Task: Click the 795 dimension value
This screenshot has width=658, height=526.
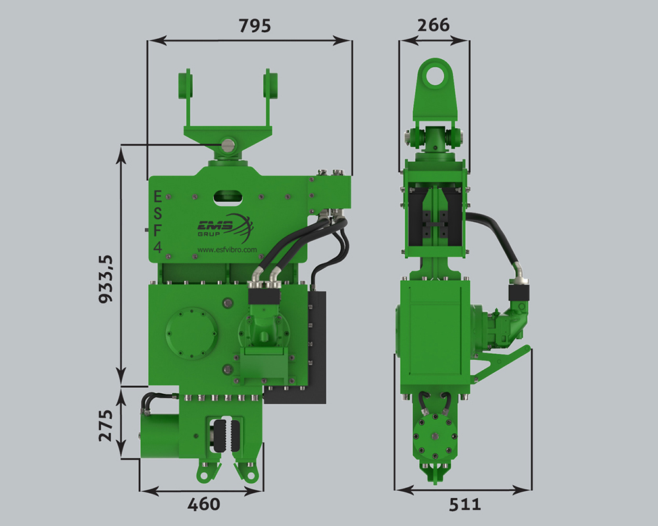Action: tap(255, 26)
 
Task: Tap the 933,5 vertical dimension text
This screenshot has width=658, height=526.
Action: tap(106, 279)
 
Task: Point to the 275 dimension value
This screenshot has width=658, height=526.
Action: tap(106, 425)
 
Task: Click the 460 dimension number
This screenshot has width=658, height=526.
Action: tap(203, 504)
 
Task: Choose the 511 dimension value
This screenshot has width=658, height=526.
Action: tap(465, 504)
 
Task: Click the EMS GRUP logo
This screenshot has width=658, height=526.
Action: tap(225, 229)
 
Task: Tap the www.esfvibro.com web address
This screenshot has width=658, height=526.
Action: tap(227, 250)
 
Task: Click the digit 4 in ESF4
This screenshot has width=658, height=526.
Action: tap(158, 247)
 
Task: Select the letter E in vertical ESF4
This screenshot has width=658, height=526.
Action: tap(158, 196)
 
